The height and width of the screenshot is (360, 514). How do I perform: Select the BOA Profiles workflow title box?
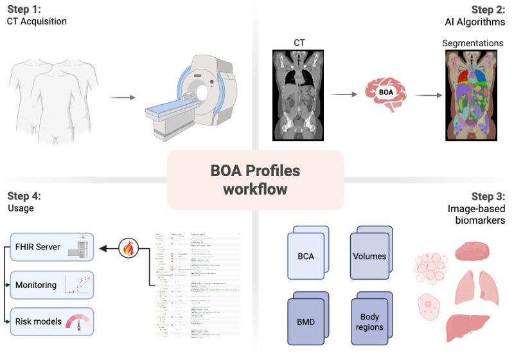click(255, 179)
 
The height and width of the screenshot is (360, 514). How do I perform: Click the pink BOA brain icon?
click(385, 93)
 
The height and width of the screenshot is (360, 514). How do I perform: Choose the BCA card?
click(306, 255)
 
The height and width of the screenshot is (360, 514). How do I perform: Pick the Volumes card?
click(370, 255)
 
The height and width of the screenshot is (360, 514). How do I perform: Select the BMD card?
click(306, 320)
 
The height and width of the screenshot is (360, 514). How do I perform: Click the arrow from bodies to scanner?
click(121, 98)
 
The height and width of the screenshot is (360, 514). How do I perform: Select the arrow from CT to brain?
click(343, 94)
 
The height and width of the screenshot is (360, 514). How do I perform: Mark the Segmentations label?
click(473, 43)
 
